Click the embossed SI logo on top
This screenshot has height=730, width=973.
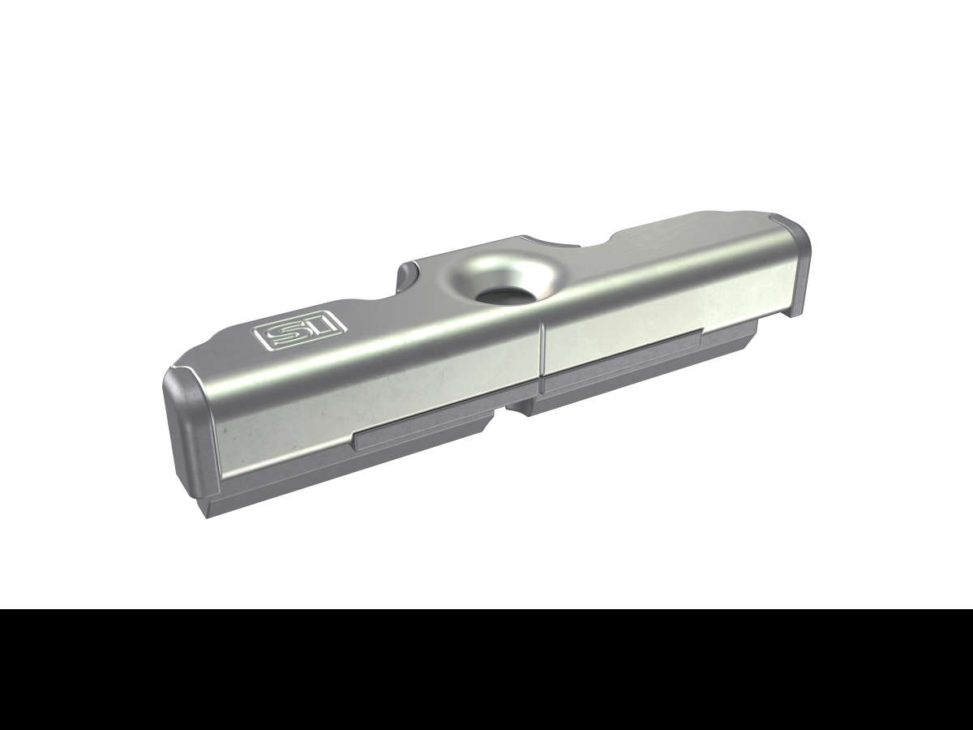pos(300,333)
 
